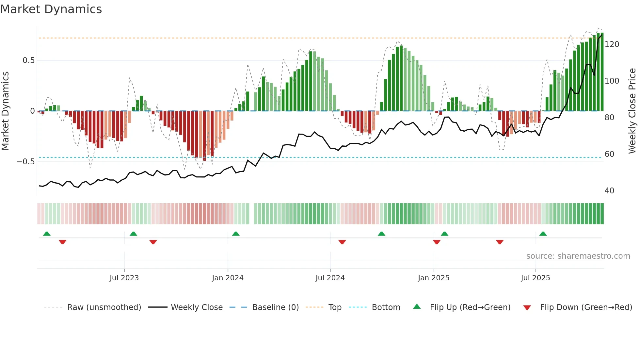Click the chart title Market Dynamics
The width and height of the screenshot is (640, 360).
coord(51,9)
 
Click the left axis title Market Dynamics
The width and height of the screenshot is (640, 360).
coord(5,111)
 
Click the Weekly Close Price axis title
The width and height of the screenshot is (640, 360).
coord(632,111)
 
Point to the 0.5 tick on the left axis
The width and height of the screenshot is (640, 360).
coord(28,60)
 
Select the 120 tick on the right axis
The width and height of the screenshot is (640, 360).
coord(612,44)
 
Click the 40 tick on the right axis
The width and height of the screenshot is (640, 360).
coord(609,191)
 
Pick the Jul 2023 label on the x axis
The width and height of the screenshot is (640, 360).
coord(124,278)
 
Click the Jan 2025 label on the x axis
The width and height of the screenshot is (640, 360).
coord(433,278)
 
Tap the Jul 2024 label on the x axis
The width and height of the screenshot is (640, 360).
coord(330,278)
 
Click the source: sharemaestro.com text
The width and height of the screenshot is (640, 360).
coord(578,256)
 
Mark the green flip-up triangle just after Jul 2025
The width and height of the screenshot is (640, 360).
coord(543,234)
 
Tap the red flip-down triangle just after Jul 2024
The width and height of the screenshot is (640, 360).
coord(342,242)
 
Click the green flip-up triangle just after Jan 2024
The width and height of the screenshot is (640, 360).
coord(236,234)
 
